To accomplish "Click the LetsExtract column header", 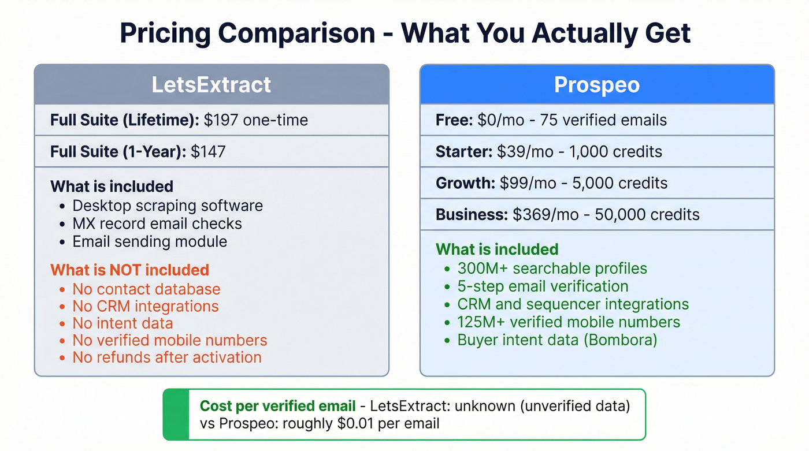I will tap(211, 85).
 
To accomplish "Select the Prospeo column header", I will tap(596, 85).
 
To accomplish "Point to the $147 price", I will tap(208, 151).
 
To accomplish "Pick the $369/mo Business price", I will tap(545, 214).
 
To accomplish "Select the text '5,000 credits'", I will tap(618, 183).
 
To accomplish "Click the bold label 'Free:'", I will tap(454, 120).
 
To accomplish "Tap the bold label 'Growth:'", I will tap(465, 183).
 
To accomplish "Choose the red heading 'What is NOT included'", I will tap(129, 270).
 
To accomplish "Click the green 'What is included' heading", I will tap(497, 249).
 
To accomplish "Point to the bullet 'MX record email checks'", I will tap(157, 223).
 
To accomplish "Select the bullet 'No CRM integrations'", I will tap(146, 306).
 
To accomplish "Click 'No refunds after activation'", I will tap(167, 357).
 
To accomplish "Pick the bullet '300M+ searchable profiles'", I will tap(552, 269).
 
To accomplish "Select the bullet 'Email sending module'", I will tap(150, 241).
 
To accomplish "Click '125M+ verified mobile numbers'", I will tap(569, 322).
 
